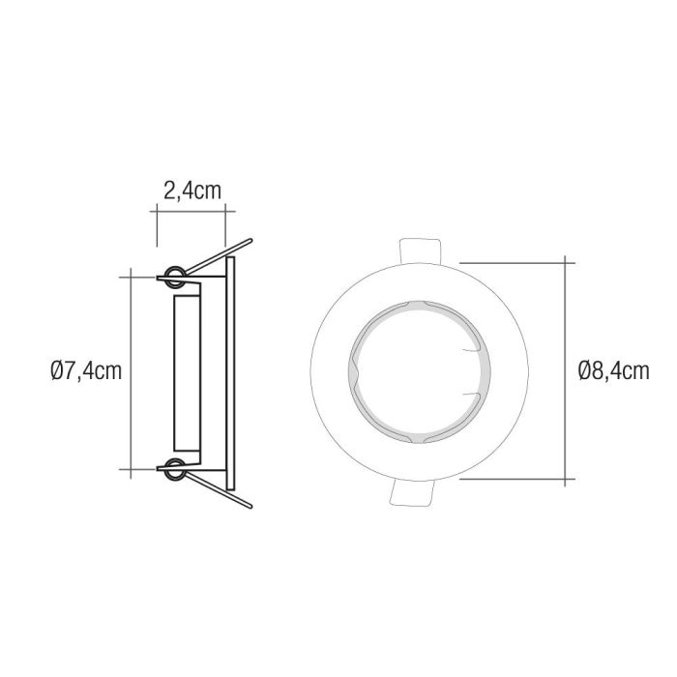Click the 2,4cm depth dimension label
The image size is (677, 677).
pos(191,190)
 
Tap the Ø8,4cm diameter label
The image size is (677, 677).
pos(612,370)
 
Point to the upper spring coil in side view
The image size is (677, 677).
pos(175,275)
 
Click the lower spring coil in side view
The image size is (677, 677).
pos(175,471)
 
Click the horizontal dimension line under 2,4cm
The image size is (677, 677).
pos(191,209)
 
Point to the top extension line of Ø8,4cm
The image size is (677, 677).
pos(513,260)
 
